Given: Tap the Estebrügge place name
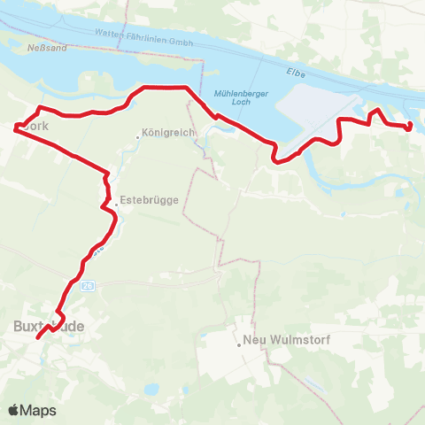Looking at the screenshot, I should pyautogui.click(x=151, y=200).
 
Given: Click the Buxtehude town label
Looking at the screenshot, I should pyautogui.click(x=50, y=326).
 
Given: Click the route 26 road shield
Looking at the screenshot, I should pyautogui.click(x=86, y=286).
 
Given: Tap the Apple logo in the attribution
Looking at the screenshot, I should pyautogui.click(x=12, y=410).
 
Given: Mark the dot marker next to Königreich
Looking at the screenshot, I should pyautogui.click(x=139, y=135).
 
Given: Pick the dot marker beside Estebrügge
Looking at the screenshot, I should pyautogui.click(x=116, y=205).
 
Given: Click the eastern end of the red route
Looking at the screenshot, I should pyautogui.click(x=410, y=127).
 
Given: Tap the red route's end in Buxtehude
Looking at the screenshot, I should pyautogui.click(x=38, y=337).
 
